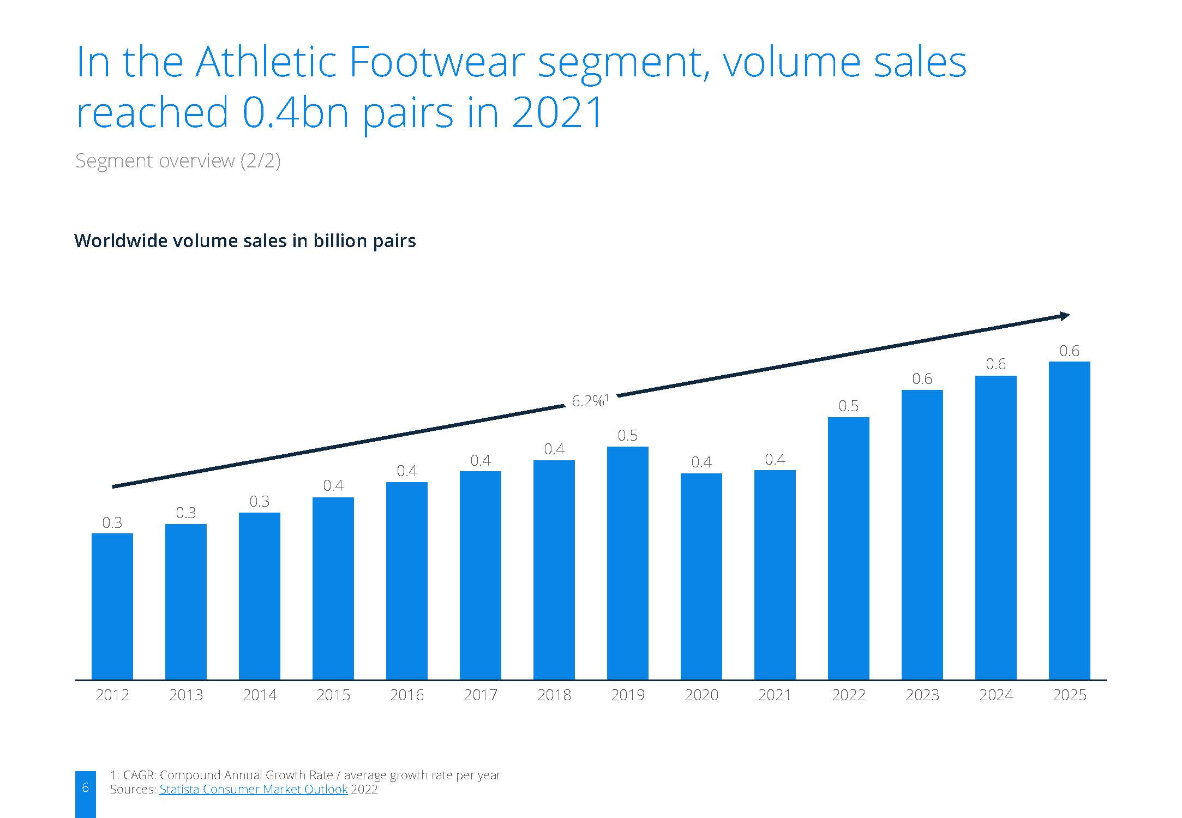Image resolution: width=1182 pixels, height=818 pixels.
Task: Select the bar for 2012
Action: pos(112,606)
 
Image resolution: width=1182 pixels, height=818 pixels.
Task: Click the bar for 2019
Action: pos(628,563)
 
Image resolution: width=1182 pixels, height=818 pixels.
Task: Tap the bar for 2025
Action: pos(1070,521)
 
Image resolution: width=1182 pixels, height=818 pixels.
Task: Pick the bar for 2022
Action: pos(849,549)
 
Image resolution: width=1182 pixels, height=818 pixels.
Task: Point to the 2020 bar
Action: pos(701,576)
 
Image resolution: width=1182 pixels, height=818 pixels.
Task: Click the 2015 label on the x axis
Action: pos(333,695)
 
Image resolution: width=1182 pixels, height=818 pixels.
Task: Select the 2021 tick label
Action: pos(775,695)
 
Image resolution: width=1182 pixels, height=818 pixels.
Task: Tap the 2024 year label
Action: pos(996,695)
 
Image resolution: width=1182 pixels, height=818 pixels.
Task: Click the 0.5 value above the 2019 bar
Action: pos(628,435)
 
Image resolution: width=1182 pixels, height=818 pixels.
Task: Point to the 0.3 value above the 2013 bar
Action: pos(186,513)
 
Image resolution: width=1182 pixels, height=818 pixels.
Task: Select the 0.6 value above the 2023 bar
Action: pos(922,378)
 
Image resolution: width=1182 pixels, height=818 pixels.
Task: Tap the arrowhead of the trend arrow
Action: pos(1065,316)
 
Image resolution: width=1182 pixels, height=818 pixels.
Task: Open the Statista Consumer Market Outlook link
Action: pos(254,789)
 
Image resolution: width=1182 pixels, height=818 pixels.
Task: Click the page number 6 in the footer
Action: pos(85,787)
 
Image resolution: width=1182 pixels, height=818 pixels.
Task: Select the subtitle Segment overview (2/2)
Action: pos(178,161)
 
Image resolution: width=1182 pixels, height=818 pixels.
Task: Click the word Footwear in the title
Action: pos(437,62)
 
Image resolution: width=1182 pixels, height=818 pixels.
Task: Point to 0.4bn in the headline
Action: pos(296,112)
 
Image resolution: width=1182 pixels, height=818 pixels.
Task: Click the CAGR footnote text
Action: pos(305,775)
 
